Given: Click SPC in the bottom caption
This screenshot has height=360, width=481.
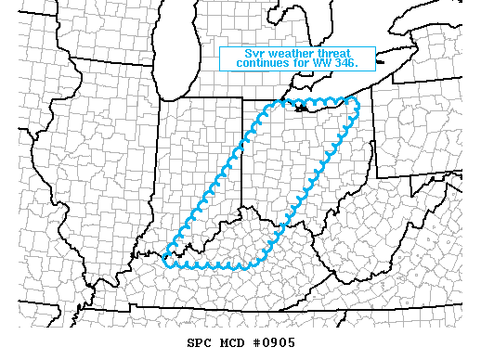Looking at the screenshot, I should tap(201, 342).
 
